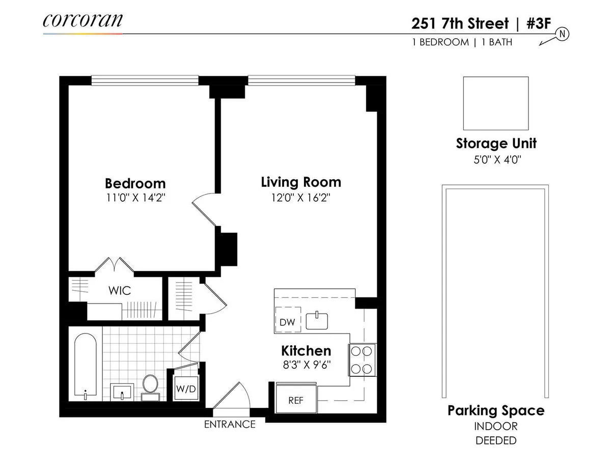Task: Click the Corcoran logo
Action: coord(82,20)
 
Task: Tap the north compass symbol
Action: coord(563,34)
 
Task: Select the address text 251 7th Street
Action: coord(460,24)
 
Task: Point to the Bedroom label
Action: coord(135,183)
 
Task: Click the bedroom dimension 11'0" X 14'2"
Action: coord(135,198)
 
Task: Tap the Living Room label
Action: coord(301,182)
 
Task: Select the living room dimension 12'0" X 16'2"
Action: coord(301,198)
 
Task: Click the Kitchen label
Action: coord(306,351)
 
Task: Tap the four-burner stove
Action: coord(362,360)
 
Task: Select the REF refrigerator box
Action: coord(296,400)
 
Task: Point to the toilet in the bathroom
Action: coord(150,385)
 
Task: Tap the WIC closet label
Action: coord(120,291)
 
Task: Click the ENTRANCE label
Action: coord(230,424)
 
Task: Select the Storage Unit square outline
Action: coord(495,103)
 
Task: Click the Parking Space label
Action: coord(495,410)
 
